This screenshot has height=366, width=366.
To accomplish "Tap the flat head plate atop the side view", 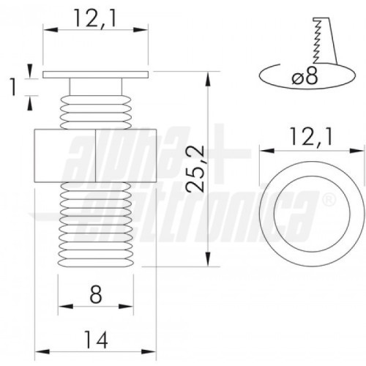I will pyautogui.click(x=95, y=75).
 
